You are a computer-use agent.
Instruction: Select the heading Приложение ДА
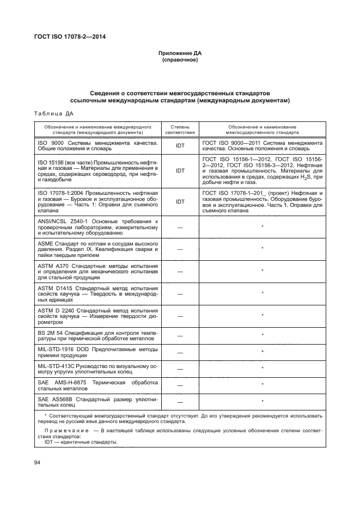click(180, 53)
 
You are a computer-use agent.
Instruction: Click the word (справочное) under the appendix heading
click(180, 60)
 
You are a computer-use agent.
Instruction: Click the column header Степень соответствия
click(180, 129)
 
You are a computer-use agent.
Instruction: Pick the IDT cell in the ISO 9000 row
click(180, 146)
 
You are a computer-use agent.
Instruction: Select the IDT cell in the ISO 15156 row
click(180, 170)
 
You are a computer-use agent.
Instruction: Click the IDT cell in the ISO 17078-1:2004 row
click(180, 201)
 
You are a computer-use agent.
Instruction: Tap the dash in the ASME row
click(180, 249)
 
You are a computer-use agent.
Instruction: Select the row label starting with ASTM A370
click(97, 271)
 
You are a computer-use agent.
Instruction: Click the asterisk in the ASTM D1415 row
click(263, 293)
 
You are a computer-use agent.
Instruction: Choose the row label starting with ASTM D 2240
click(97, 316)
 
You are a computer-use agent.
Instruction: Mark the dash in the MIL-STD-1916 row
click(180, 352)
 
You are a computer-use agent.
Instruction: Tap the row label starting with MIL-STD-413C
click(97, 369)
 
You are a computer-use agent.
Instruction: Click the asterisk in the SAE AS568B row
click(263, 402)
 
